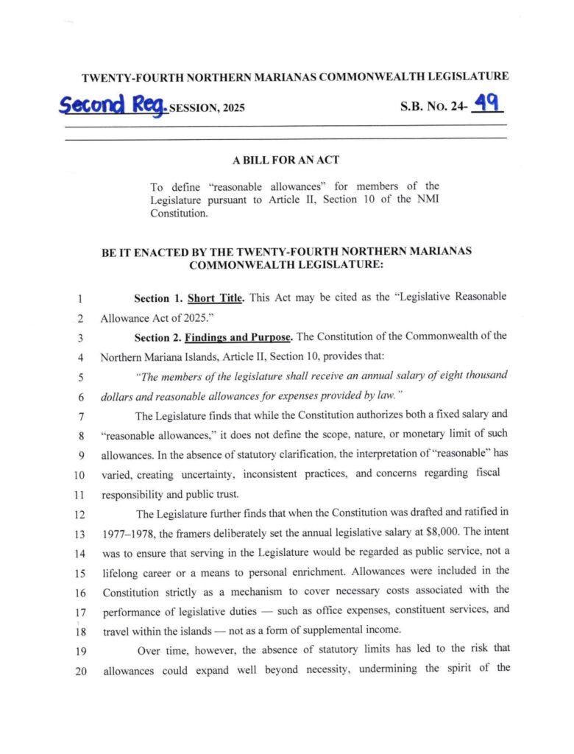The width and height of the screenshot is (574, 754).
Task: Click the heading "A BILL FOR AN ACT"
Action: (286, 160)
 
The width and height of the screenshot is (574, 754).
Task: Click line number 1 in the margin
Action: (78, 299)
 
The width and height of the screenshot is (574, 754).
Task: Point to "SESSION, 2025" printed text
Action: (207, 108)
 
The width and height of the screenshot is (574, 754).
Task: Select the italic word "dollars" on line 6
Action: (119, 396)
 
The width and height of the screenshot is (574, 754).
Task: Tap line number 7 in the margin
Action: (78, 415)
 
